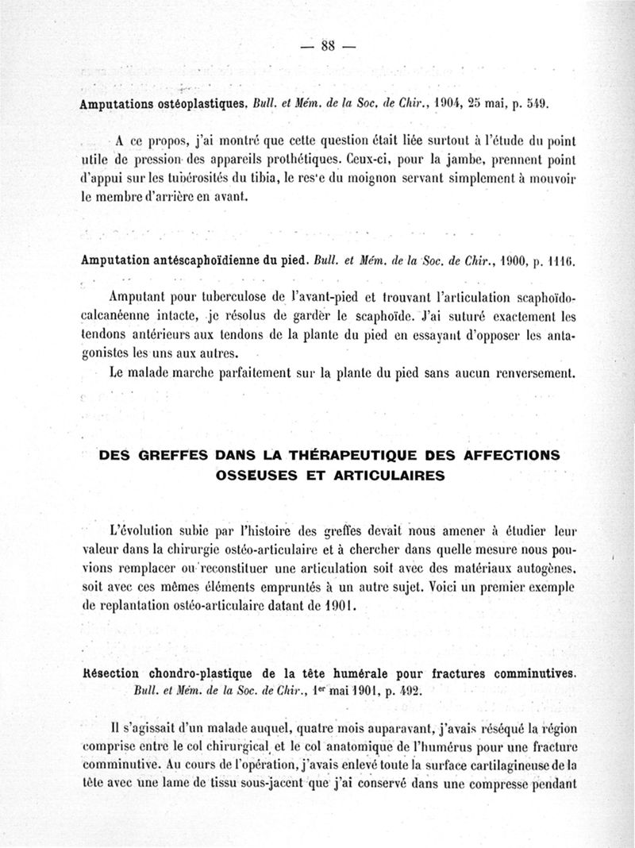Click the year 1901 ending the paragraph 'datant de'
coord(337,607)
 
